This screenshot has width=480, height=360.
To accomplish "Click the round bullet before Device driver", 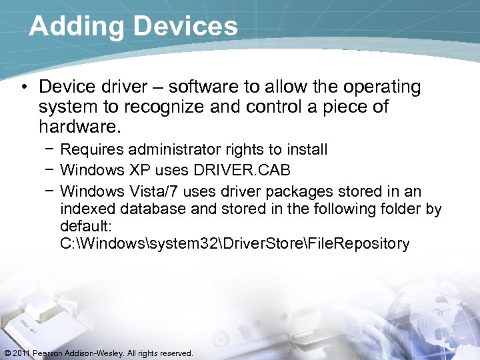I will click(x=25, y=88).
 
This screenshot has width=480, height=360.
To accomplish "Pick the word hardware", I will click(x=74, y=126).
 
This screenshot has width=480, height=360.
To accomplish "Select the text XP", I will click(x=140, y=170).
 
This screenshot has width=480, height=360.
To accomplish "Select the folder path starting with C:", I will click(x=234, y=244).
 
